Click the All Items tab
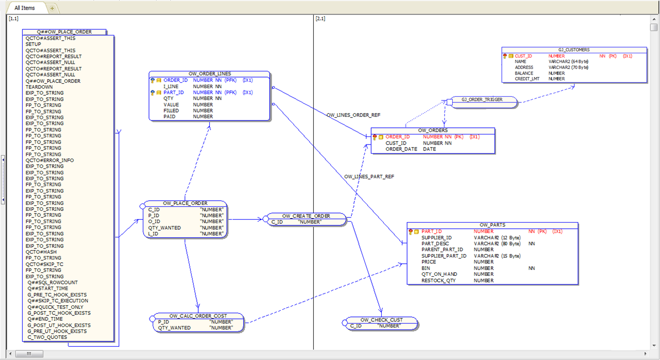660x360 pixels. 25,8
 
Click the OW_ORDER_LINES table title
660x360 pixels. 209,74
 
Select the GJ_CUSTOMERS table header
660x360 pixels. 574,50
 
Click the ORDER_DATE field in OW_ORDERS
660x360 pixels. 401,149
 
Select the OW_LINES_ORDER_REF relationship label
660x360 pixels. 353,115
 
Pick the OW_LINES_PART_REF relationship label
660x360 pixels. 369,176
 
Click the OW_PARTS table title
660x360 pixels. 492,225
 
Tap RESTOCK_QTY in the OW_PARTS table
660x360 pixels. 438,280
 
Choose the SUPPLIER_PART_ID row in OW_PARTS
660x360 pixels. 444,256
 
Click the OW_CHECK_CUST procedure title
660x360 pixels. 381,319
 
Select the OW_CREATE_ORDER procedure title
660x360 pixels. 306,216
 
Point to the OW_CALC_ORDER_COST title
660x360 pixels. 198,316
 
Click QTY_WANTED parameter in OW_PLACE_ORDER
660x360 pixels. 164,228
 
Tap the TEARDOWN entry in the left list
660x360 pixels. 39,87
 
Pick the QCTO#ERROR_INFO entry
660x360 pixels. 50,160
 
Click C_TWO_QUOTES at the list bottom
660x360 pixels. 47,337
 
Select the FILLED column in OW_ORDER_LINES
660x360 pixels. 171,111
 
